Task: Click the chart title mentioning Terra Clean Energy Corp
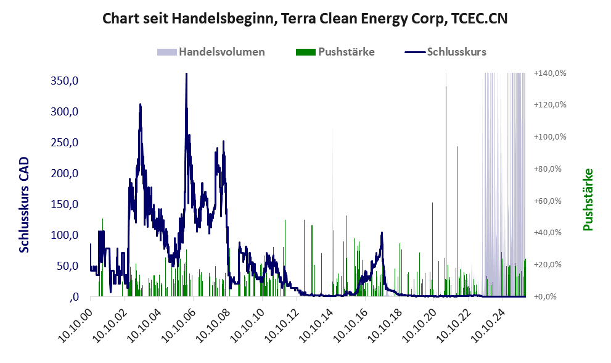pos(305,19)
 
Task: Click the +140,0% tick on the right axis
pos(549,73)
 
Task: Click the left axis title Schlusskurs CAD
pos(25,204)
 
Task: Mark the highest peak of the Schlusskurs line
pos(186,74)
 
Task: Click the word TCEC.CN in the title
pos(479,19)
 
